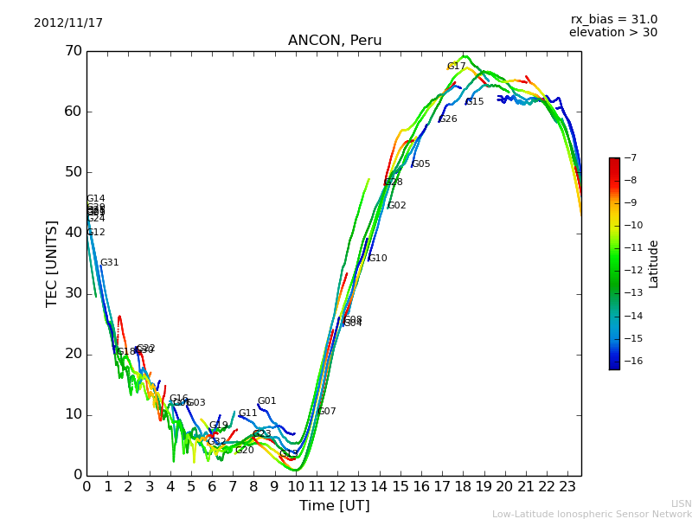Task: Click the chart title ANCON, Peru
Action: pyautogui.click(x=335, y=41)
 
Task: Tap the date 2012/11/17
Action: pyautogui.click(x=68, y=22)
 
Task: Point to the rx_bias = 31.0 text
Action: pyautogui.click(x=613, y=19)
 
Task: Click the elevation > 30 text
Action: pyautogui.click(x=613, y=33)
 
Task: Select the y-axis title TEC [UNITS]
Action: pyautogui.click(x=52, y=263)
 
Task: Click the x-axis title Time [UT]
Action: pyautogui.click(x=334, y=506)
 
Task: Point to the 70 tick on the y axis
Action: pyautogui.click(x=73, y=51)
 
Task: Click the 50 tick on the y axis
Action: pyautogui.click(x=73, y=172)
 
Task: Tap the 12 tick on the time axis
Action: pyautogui.click(x=337, y=487)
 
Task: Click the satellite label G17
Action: pyautogui.click(x=456, y=67)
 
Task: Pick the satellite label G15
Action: pyautogui.click(x=475, y=102)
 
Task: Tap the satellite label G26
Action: pyautogui.click(x=448, y=119)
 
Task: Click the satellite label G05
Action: pyautogui.click(x=421, y=164)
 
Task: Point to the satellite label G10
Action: pyautogui.click(x=378, y=259)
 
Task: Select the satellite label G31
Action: pyautogui.click(x=110, y=263)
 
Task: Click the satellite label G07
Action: pyautogui.click(x=327, y=412)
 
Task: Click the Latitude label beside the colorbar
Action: pyautogui.click(x=654, y=264)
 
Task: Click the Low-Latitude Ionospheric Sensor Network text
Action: pyautogui.click(x=592, y=514)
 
